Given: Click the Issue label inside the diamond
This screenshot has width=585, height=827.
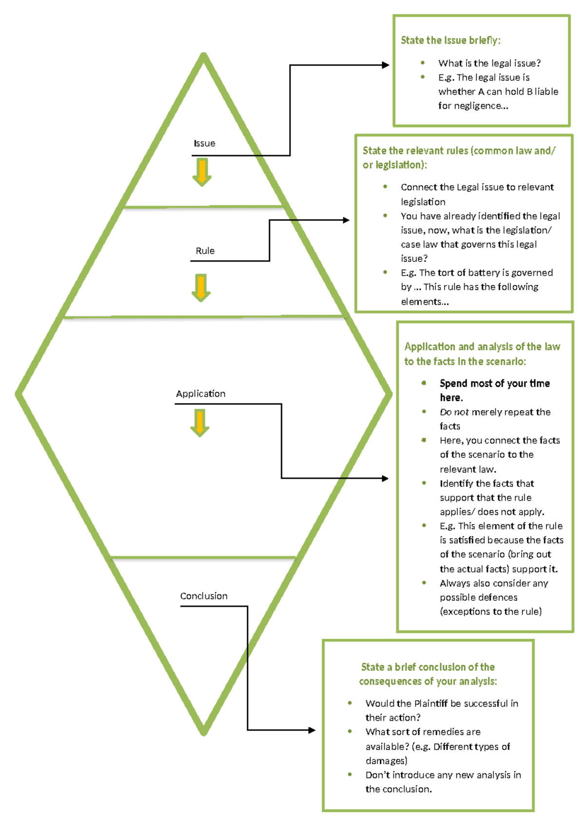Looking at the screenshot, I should point(204,143).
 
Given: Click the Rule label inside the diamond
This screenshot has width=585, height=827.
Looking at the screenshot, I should point(205,251).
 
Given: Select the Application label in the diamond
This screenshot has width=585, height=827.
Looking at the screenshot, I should point(200,394).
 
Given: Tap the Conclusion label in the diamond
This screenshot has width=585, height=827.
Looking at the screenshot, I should point(204,596).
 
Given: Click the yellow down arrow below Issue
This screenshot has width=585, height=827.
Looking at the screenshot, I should point(202,172).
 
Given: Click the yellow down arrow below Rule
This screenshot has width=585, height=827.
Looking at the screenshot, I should point(201,288).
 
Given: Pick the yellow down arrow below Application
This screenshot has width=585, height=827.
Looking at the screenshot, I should point(200,422).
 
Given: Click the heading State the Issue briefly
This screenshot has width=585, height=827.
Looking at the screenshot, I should point(450,40).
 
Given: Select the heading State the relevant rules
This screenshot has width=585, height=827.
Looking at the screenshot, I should point(458,151).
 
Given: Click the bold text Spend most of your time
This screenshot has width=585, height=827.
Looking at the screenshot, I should point(494,384).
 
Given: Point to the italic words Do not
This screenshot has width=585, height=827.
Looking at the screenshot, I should point(454,412).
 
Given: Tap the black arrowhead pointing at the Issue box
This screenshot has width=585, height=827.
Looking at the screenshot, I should point(386,65).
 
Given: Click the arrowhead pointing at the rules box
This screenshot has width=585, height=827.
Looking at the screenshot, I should point(346,220).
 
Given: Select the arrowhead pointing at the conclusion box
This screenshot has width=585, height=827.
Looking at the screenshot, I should point(312,730).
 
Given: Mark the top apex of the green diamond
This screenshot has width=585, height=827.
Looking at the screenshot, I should point(204,55).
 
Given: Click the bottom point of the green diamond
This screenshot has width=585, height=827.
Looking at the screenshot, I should point(204,733).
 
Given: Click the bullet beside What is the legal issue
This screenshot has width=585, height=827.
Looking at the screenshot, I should point(423,63).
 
